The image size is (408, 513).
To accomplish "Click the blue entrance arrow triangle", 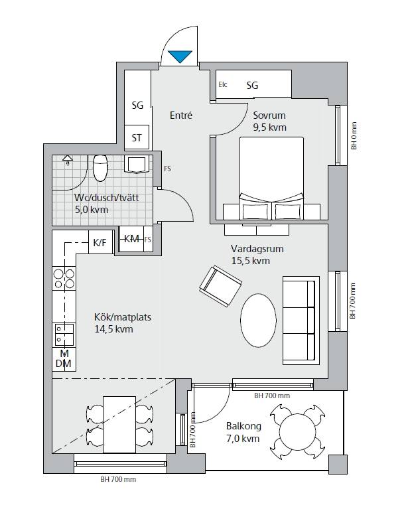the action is (x=180, y=56).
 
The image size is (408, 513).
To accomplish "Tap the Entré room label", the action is (x=181, y=115).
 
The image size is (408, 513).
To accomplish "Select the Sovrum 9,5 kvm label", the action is (x=269, y=121).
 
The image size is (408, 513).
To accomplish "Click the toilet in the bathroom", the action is (x=100, y=168).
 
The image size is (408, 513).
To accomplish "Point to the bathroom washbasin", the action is (x=136, y=165).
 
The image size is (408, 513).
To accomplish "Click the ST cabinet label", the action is (x=137, y=138).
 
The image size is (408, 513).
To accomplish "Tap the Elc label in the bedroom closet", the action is (x=223, y=84).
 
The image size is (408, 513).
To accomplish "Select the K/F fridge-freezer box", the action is (x=101, y=242).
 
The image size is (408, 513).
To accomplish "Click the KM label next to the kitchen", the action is (x=131, y=238).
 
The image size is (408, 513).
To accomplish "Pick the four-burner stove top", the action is (x=64, y=279).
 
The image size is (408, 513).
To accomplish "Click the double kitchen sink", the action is (x=64, y=335).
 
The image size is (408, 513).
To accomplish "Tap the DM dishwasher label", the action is (x=64, y=363).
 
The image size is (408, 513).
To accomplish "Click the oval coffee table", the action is (x=258, y=320).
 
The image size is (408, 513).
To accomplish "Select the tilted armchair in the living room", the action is (x=221, y=286).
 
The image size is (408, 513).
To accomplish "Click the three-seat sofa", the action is (x=301, y=321).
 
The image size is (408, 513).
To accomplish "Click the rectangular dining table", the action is (x=119, y=424).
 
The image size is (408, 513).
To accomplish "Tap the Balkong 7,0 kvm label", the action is (x=243, y=432).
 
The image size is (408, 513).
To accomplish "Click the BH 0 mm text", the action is (x=354, y=136).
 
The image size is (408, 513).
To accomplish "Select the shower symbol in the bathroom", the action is (x=68, y=160).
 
